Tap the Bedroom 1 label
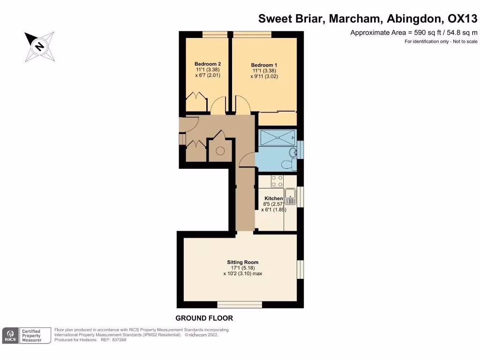tap(264, 65)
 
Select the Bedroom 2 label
tap(208, 64)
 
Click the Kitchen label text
tap(274, 199)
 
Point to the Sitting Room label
tap(242, 262)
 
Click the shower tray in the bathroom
tap(277, 137)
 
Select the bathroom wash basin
tap(292, 151)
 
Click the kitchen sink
tap(291, 195)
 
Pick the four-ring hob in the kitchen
tap(277, 181)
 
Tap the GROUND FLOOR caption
tap(204, 318)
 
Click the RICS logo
tap(10, 335)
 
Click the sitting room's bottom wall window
tap(240, 305)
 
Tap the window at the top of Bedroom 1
tap(252, 34)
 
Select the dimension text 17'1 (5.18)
tap(242, 268)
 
